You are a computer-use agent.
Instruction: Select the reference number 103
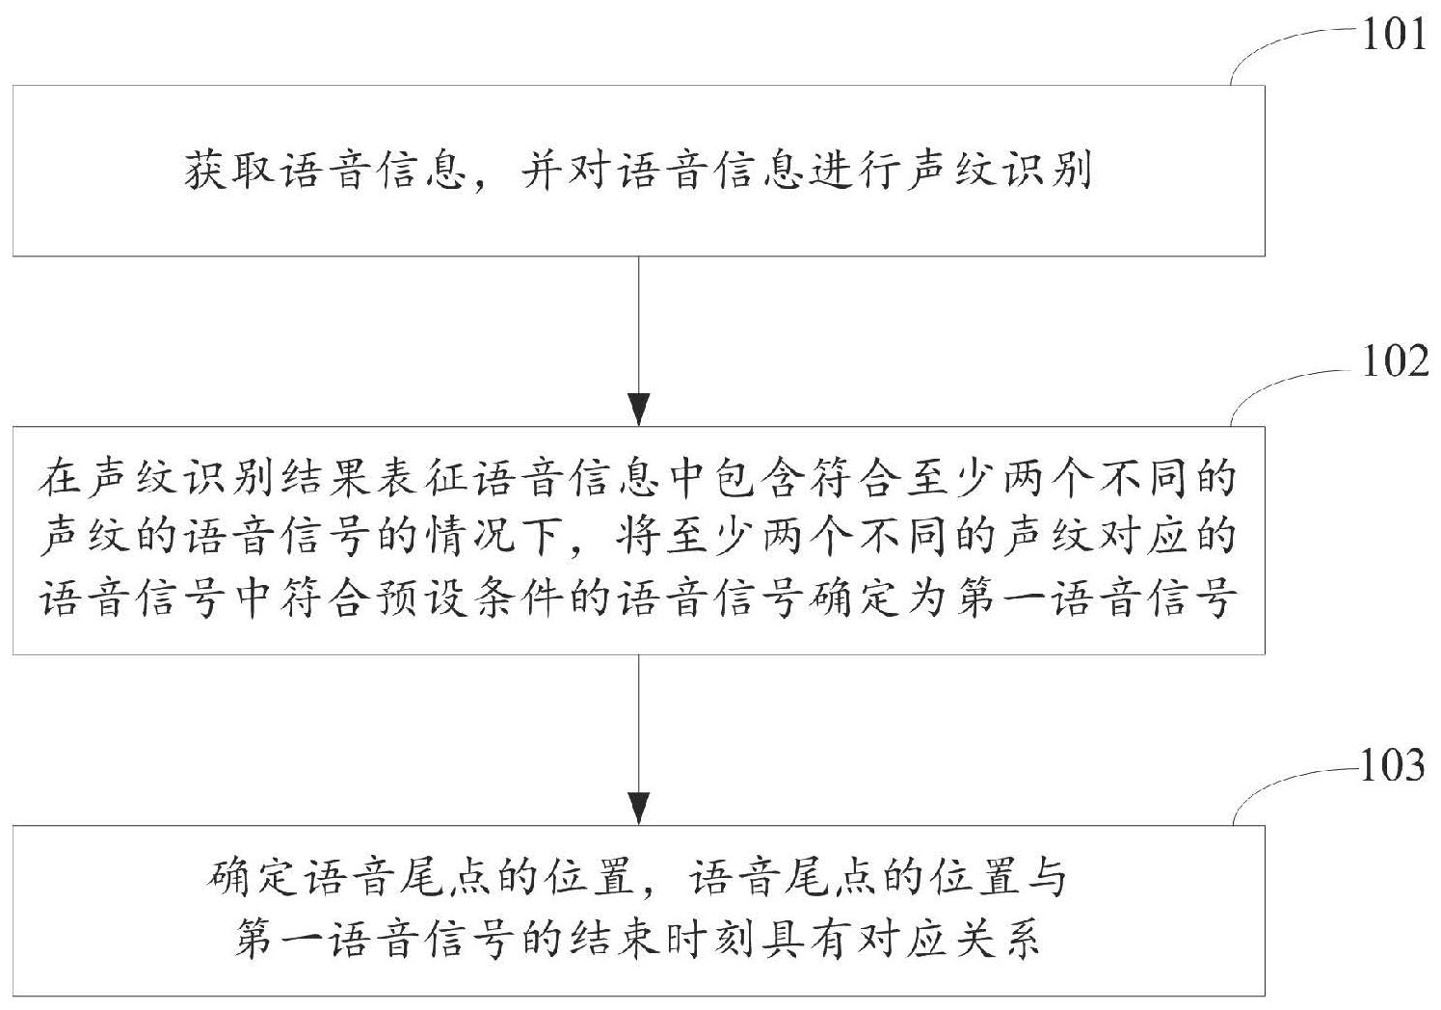pyautogui.click(x=1392, y=765)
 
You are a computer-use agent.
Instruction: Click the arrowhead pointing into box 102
pyautogui.click(x=638, y=410)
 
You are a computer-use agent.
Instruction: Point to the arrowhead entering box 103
pyautogui.click(x=638, y=809)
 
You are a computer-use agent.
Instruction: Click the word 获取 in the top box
pyautogui.click(x=228, y=172)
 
